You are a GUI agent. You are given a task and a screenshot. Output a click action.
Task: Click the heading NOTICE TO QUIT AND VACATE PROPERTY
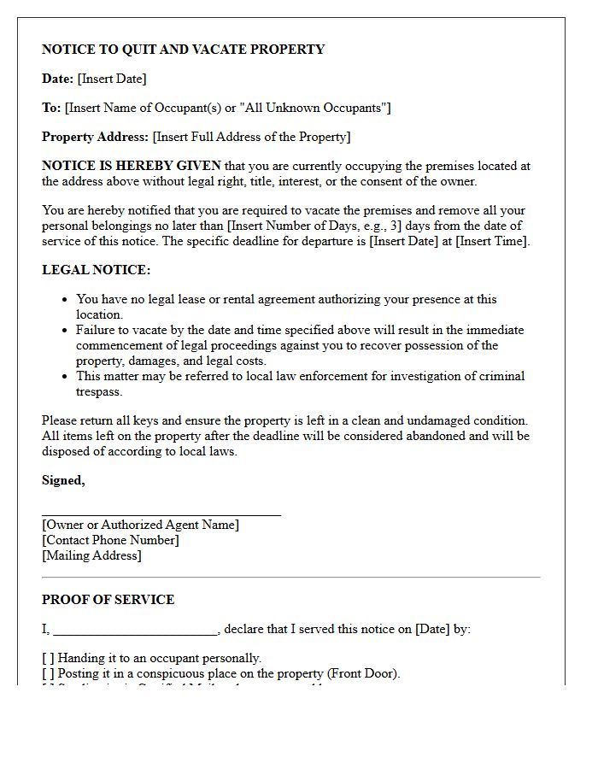(183, 50)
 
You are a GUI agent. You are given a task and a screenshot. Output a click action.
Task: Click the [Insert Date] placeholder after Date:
(112, 79)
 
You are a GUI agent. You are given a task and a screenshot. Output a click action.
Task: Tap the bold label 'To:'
(51, 108)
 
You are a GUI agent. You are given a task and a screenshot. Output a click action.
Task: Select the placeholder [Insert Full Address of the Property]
(251, 137)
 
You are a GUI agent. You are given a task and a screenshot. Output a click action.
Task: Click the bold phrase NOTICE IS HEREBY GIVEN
(132, 166)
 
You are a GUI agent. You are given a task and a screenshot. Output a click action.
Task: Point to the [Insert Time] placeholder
(493, 241)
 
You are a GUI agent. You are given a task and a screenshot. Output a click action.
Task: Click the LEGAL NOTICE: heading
(96, 270)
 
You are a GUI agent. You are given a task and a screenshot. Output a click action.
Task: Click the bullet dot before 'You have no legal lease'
(66, 300)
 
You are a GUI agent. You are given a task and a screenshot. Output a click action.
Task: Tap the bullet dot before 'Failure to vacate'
(66, 331)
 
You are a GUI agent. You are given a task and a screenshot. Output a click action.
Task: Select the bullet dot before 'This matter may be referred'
(66, 377)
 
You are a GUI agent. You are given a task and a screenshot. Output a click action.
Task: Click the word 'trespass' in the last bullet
(98, 391)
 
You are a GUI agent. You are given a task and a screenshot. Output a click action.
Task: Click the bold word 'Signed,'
(63, 480)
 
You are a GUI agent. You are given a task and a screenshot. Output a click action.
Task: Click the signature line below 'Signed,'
(161, 514)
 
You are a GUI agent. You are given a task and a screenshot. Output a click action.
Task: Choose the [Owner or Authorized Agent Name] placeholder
(140, 525)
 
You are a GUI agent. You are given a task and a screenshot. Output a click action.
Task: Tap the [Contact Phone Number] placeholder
(110, 540)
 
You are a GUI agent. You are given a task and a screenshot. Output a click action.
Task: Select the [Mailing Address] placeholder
(91, 555)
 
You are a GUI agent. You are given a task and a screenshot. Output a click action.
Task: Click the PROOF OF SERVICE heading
(108, 600)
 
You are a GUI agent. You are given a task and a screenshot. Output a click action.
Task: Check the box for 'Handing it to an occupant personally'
(48, 658)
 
